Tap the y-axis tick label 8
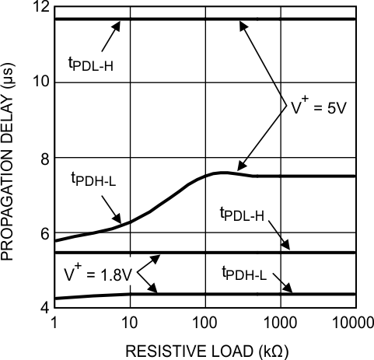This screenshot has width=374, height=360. point(41,159)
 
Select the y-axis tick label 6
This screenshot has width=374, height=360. point(41,233)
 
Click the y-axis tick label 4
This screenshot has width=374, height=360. point(41,306)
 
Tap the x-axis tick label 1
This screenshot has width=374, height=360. point(54,322)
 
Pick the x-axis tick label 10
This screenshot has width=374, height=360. point(129,322)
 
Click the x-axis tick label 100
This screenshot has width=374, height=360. point(204,322)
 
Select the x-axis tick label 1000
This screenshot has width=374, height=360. point(280,322)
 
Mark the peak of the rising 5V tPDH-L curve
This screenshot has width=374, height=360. point(223,172)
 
